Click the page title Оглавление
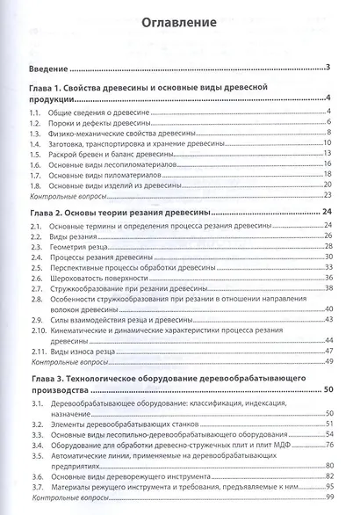tap(180, 24)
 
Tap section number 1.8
tap(37, 185)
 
